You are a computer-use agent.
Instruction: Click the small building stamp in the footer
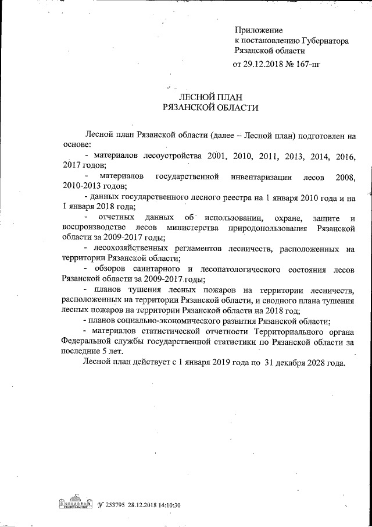(73, 503)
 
